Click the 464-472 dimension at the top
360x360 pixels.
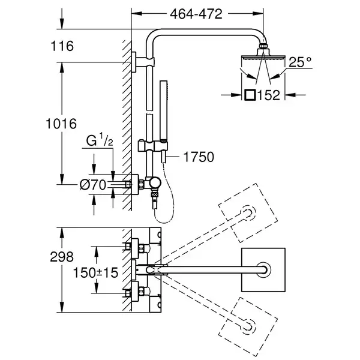point(196,14)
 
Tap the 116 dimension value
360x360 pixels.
point(62,46)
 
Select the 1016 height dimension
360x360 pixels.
point(61,124)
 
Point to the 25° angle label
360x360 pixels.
point(300,62)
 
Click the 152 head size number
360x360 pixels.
point(269,95)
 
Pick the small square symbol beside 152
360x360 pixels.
point(250,95)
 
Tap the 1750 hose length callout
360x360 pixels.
point(199,157)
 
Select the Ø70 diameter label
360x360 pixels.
point(93,185)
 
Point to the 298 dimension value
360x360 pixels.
point(62,257)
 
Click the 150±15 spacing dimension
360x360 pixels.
point(95,273)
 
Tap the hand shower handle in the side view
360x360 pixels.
point(164,110)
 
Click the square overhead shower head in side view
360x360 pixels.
point(263,58)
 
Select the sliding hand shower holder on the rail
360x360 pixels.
point(152,146)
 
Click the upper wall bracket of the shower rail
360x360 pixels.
point(143,62)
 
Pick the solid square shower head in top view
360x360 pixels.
point(263,270)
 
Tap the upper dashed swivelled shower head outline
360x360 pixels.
point(248,212)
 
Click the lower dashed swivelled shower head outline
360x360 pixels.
point(248,327)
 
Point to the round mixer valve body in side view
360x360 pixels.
point(155,184)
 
